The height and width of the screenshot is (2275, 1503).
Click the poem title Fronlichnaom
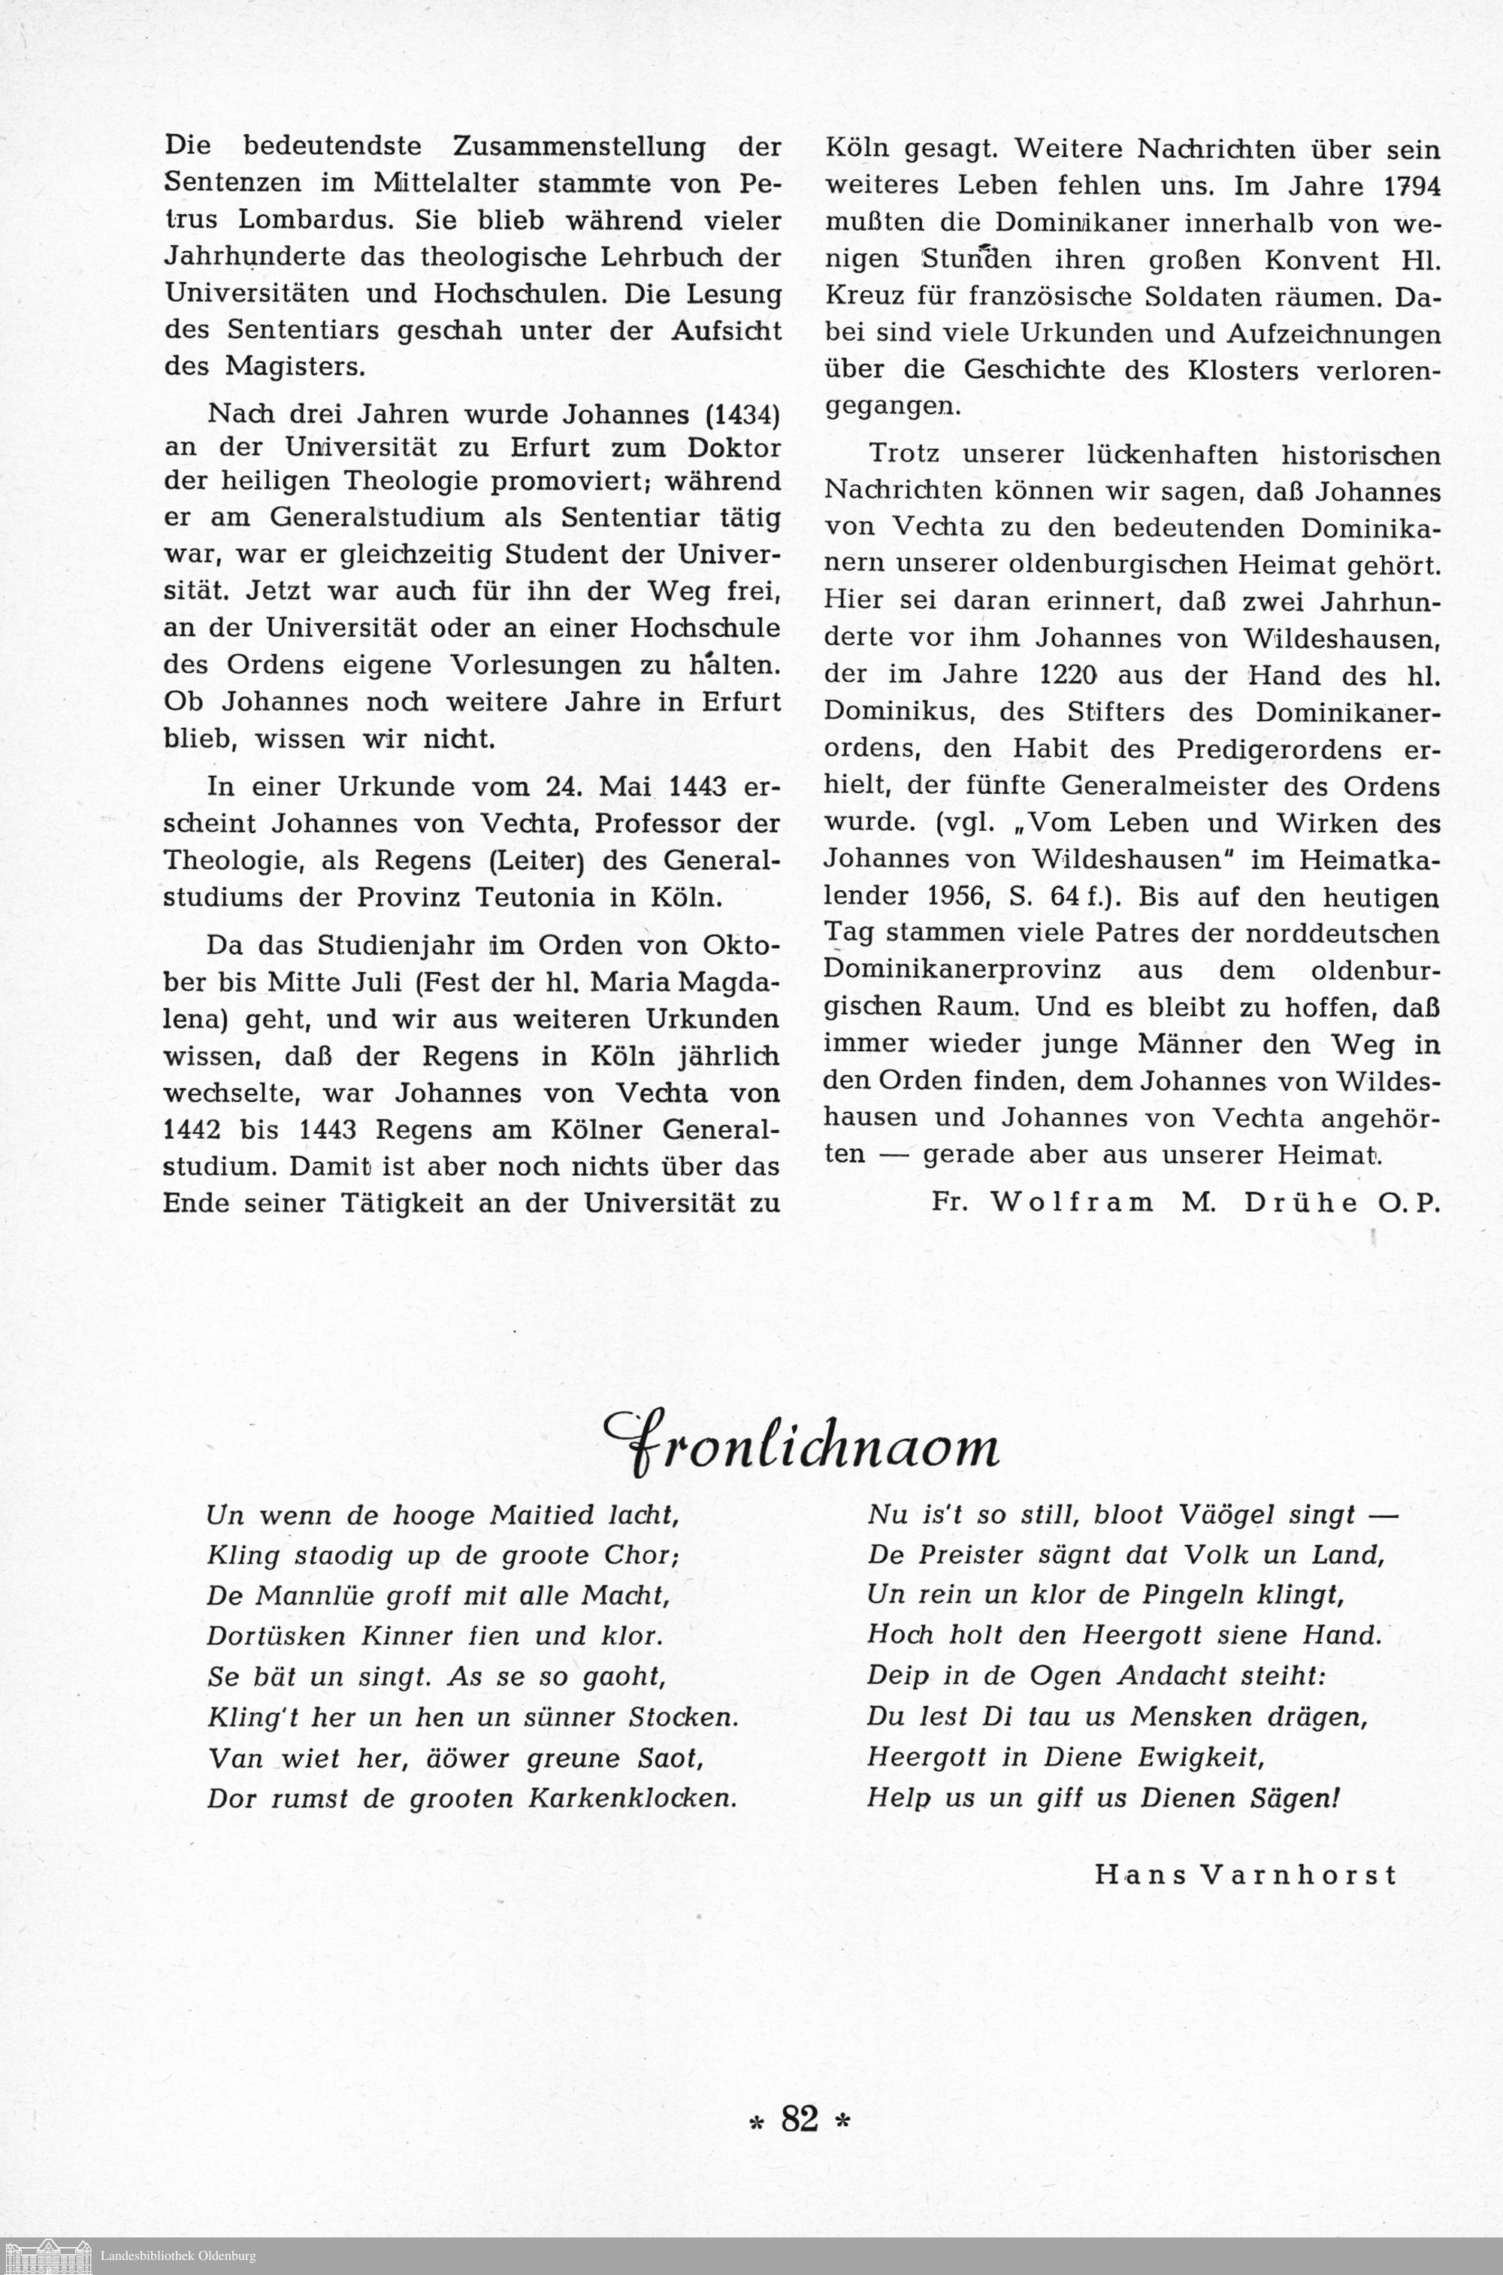click(x=801, y=1445)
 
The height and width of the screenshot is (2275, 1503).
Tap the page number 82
click(x=800, y=2118)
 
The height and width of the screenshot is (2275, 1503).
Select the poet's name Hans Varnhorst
click(x=1245, y=1874)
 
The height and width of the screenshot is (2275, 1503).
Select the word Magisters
click(x=295, y=366)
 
